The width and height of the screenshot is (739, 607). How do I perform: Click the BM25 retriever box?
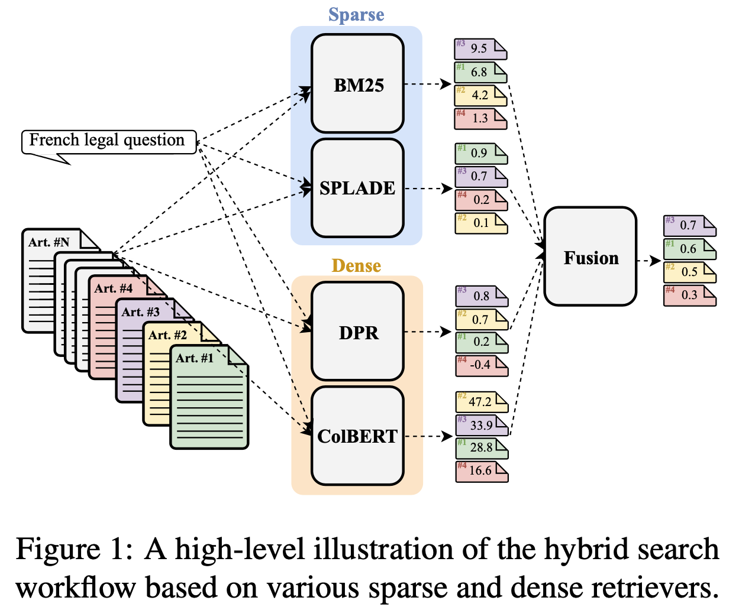(x=357, y=84)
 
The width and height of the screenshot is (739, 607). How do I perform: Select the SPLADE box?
(x=357, y=188)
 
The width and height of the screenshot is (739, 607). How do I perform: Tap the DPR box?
(x=357, y=332)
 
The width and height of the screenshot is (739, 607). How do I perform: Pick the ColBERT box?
(x=357, y=436)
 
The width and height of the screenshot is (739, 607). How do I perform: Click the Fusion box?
(x=590, y=257)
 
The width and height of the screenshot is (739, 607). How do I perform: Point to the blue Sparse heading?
(x=356, y=15)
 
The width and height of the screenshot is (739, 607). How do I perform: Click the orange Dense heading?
(x=356, y=265)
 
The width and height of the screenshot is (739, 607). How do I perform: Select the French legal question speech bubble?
(x=108, y=141)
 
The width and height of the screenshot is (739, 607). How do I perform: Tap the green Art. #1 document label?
(x=195, y=358)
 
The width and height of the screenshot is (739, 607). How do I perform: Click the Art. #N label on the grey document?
(x=49, y=242)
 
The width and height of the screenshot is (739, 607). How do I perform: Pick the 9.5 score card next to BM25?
(x=480, y=48)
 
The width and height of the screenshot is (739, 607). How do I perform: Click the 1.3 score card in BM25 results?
(x=480, y=118)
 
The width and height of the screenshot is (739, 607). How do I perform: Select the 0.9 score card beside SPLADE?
(x=481, y=153)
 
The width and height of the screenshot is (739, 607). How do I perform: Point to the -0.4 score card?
(x=481, y=365)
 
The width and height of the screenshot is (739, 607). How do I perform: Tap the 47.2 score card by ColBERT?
(x=481, y=402)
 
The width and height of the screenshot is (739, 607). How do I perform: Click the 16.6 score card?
(x=481, y=471)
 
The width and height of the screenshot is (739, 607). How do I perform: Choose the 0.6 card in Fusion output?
(x=689, y=249)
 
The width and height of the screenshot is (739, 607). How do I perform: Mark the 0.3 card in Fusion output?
(x=689, y=295)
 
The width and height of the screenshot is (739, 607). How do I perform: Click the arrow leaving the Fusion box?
(x=649, y=260)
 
